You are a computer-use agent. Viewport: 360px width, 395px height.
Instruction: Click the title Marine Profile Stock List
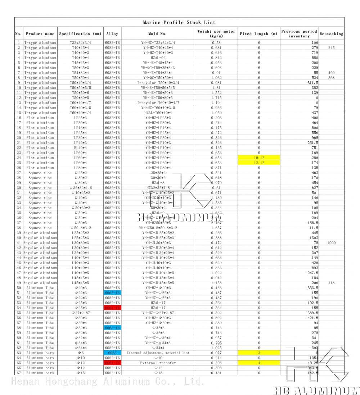pos(179,22)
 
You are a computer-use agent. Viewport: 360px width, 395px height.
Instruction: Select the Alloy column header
pos(112,34)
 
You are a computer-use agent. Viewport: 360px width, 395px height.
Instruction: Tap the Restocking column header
pos(331,34)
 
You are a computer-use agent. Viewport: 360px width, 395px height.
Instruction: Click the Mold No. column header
pos(158,34)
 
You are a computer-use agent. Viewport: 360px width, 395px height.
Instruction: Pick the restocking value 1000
pos(331,243)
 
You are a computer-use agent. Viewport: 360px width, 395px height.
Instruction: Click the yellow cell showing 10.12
pos(259,158)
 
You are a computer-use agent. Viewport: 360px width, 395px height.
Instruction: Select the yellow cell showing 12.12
pos(259,163)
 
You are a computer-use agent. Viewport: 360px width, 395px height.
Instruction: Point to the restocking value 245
pos(331,48)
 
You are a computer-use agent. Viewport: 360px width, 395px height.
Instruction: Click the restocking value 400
pos(331,73)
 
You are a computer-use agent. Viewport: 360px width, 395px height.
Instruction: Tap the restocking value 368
pos(331,78)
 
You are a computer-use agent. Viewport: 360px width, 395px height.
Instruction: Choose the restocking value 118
pos(331,283)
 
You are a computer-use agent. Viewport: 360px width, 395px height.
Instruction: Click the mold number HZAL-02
pos(158,58)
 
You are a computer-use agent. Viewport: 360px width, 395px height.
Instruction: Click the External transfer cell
pos(158,363)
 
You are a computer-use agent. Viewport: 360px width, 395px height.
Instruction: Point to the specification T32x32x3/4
pos(80,43)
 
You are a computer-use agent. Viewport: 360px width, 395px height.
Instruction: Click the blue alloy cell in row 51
pos(112,293)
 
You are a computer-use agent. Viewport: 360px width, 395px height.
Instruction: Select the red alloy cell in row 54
pos(112,308)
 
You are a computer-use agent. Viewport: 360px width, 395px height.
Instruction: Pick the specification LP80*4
pos(80,168)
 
